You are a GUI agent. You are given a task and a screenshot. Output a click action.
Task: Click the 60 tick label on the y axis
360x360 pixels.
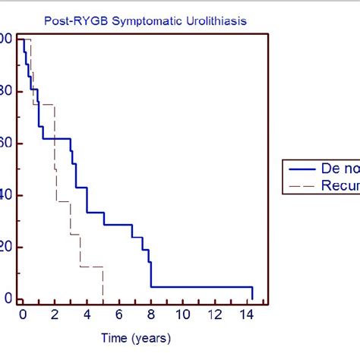(x=6, y=143)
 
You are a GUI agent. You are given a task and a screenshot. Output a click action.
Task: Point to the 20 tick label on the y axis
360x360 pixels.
(x=6, y=247)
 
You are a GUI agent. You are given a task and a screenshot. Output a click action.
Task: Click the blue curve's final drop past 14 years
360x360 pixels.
(x=252, y=293)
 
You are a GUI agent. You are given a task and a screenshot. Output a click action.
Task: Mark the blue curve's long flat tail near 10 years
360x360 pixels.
(x=182, y=286)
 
